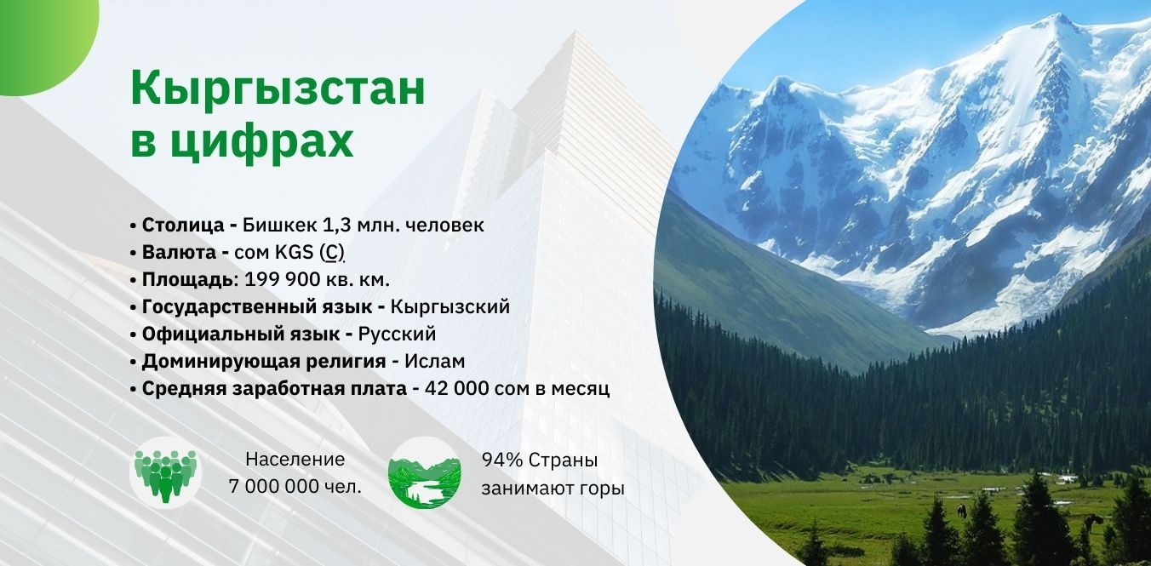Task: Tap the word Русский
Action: point(397,334)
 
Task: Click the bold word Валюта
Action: point(179,253)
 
